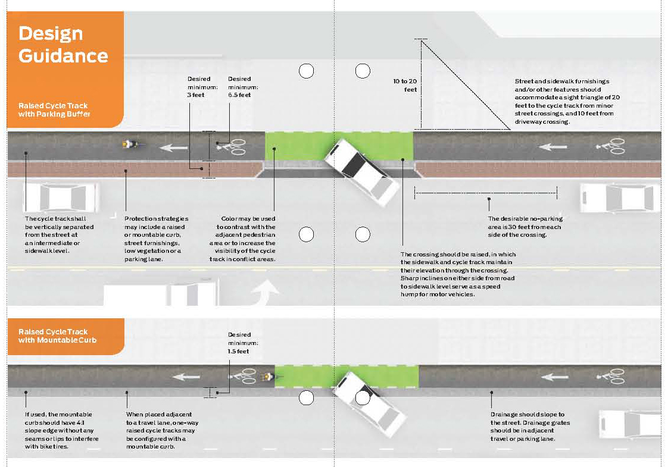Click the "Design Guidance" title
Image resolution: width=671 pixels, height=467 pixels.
tap(63, 45)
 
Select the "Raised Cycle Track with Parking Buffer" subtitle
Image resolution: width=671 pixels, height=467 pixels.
tap(54, 110)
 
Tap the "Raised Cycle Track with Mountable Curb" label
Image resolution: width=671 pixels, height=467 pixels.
tap(57, 336)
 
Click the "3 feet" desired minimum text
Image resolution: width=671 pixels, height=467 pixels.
tap(196, 95)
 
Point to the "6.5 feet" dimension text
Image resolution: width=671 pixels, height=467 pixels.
tap(239, 95)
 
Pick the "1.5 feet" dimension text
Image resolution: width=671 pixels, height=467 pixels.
tap(238, 351)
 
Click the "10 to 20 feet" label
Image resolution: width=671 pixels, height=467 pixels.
tap(405, 85)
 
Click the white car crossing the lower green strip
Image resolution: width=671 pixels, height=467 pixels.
tap(370, 404)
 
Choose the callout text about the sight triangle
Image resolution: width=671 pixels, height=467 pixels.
tap(567, 101)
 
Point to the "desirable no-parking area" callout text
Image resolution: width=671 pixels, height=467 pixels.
tap(525, 227)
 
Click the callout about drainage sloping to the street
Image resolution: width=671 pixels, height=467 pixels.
tap(530, 427)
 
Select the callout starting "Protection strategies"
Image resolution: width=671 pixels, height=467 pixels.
tap(156, 239)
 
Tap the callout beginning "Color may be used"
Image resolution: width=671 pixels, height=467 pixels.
tap(242, 239)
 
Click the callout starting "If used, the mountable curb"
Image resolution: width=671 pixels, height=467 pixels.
tap(62, 430)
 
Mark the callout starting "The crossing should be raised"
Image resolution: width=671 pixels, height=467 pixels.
tap(458, 274)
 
